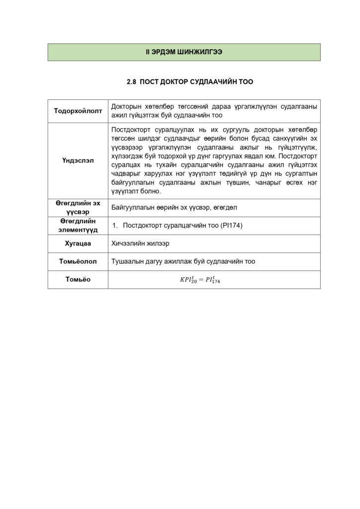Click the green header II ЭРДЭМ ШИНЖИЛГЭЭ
[183, 52]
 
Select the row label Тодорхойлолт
[78, 111]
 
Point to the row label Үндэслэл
[78, 161]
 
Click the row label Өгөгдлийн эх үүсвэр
[78, 208]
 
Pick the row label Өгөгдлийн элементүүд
[78, 225]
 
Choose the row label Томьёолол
[78, 261]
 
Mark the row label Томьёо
[78, 279]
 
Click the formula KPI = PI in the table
[200, 280]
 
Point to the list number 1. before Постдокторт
[114, 226]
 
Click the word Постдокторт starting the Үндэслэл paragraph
[132, 129]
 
